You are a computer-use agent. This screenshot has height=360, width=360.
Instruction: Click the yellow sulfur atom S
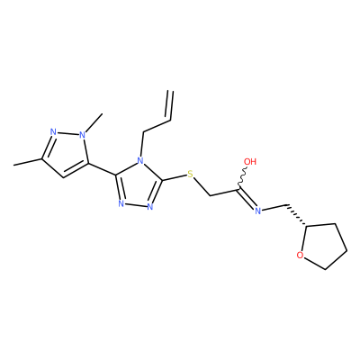[190, 174]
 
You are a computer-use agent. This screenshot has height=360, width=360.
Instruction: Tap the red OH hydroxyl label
[250, 162]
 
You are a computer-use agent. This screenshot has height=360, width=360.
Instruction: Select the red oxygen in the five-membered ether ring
[300, 256]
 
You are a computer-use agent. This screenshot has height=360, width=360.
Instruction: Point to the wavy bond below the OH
[242, 178]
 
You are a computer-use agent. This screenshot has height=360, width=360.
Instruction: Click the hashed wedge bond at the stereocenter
[296, 215]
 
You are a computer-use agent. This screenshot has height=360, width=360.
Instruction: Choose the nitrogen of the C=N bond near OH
[257, 211]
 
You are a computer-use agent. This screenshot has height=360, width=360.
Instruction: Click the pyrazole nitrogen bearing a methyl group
[83, 135]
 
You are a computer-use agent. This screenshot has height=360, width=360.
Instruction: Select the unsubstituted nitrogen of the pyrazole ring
[53, 132]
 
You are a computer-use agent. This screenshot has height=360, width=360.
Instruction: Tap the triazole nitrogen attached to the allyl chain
[140, 160]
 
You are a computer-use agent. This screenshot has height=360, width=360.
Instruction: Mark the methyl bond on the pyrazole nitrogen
[94, 122]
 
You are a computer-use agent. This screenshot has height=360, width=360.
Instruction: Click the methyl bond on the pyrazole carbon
[28, 162]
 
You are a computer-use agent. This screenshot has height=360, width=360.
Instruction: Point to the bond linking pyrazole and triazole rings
[102, 169]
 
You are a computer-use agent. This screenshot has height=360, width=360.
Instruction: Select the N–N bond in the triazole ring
[135, 206]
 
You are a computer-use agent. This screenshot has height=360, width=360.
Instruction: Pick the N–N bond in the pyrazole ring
[67, 133]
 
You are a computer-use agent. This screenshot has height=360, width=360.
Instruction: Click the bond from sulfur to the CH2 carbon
[202, 186]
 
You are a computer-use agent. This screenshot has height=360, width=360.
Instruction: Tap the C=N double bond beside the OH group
[247, 198]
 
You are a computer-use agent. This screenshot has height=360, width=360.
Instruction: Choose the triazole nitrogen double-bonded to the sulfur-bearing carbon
[150, 207]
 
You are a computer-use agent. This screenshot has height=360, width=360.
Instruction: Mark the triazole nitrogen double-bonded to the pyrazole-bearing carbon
[121, 204]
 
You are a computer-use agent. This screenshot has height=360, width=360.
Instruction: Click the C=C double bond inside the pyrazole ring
[76, 170]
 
